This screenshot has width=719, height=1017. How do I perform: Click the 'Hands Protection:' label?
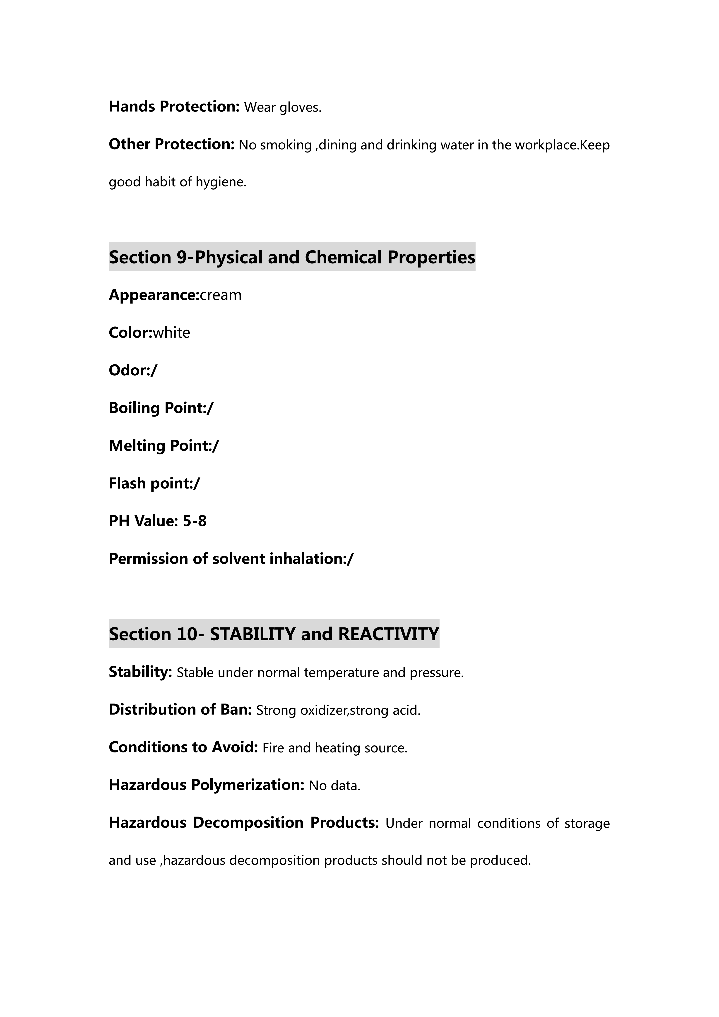[174, 107]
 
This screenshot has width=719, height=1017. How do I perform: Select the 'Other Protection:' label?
[171, 145]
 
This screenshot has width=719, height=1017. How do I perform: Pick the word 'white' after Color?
[171, 333]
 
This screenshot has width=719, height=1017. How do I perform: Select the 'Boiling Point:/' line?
[161, 408]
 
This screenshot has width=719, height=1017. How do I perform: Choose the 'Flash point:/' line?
[154, 483]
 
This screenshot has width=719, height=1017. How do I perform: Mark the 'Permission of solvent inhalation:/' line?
[231, 559]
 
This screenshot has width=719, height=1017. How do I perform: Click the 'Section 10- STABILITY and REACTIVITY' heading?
[274, 634]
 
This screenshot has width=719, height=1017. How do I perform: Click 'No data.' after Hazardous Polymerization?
[335, 786]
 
